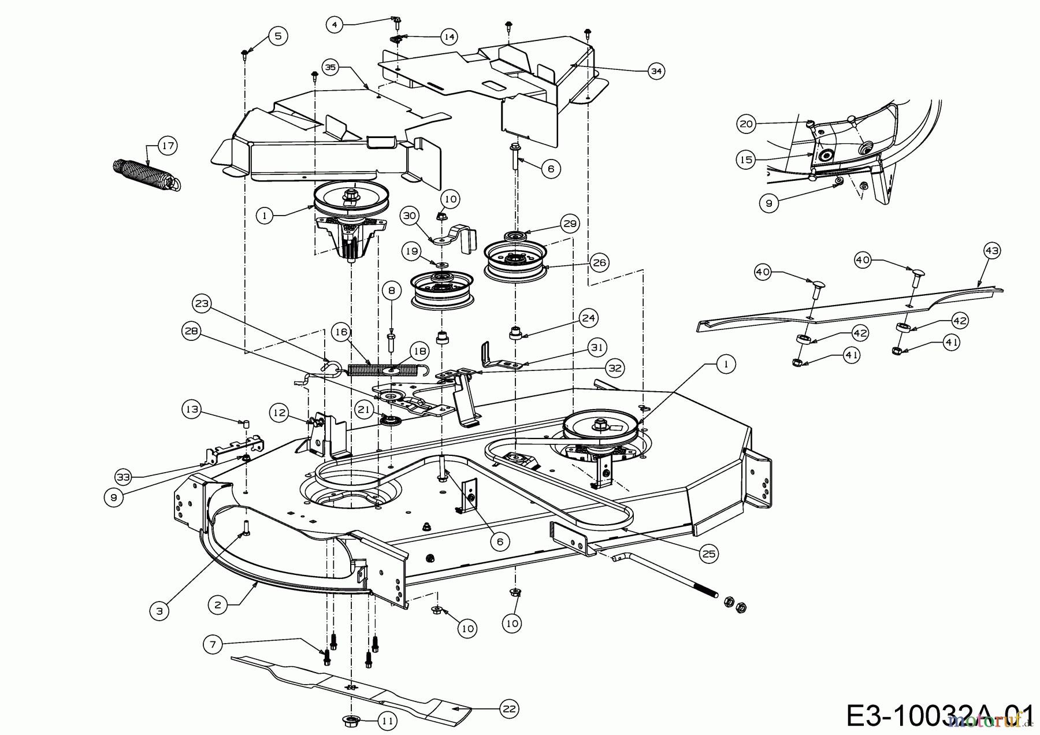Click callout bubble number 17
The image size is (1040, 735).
tap(168, 146)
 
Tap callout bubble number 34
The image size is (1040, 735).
tap(655, 72)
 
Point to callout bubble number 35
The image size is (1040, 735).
tap(330, 68)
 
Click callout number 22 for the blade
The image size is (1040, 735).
tap(509, 708)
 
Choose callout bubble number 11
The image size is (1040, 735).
tap(387, 721)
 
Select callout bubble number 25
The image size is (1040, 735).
tap(708, 554)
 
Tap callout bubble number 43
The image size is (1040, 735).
tap(991, 251)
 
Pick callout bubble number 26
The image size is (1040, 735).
tap(599, 263)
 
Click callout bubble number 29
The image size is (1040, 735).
tap(570, 224)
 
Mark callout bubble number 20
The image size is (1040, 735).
tap(746, 124)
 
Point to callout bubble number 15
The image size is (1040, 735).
tap(746, 159)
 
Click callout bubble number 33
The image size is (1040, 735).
tap(123, 477)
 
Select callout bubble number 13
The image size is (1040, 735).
tap(191, 410)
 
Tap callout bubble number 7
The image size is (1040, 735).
tap(213, 644)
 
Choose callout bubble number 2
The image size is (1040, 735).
tap(217, 605)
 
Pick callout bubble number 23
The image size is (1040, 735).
tap(202, 303)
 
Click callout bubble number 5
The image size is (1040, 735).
tap(278, 36)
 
